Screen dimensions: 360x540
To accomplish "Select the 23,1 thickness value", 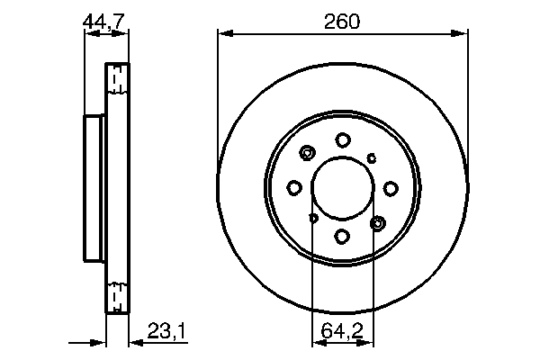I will pyautogui.click(x=167, y=334).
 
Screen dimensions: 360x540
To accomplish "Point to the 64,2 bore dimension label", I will pyautogui.click(x=343, y=333).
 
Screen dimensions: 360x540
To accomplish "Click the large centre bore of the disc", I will pyautogui.click(x=343, y=187).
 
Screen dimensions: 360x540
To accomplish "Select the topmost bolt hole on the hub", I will pyautogui.click(x=343, y=139).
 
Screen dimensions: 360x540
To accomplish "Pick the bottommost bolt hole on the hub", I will pyautogui.click(x=343, y=236).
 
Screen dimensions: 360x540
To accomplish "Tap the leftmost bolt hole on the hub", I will pyautogui.click(x=294, y=188).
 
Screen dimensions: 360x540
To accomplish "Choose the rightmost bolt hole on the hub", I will pyautogui.click(x=391, y=188).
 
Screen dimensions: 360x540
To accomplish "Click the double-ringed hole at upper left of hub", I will pyautogui.click(x=308, y=153).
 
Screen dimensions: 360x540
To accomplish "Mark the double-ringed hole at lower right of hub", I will pyautogui.click(x=378, y=222).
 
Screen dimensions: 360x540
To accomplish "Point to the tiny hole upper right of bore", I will pyautogui.click(x=373, y=157).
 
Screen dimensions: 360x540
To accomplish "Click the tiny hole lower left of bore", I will pyautogui.click(x=313, y=218).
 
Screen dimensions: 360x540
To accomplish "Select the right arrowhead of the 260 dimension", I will pyautogui.click(x=463, y=34).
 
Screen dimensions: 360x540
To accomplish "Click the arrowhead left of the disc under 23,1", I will pyautogui.click(x=100, y=342).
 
